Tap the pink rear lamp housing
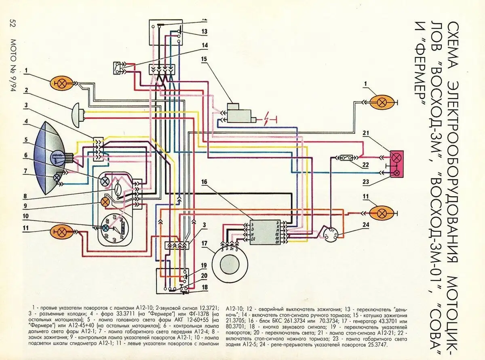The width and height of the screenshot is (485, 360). [397, 164]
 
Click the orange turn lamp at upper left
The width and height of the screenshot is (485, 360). [61, 84]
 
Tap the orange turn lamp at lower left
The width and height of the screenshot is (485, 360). [61, 232]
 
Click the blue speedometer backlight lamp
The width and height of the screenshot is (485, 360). [105, 228]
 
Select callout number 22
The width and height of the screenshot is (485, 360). [366, 165]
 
